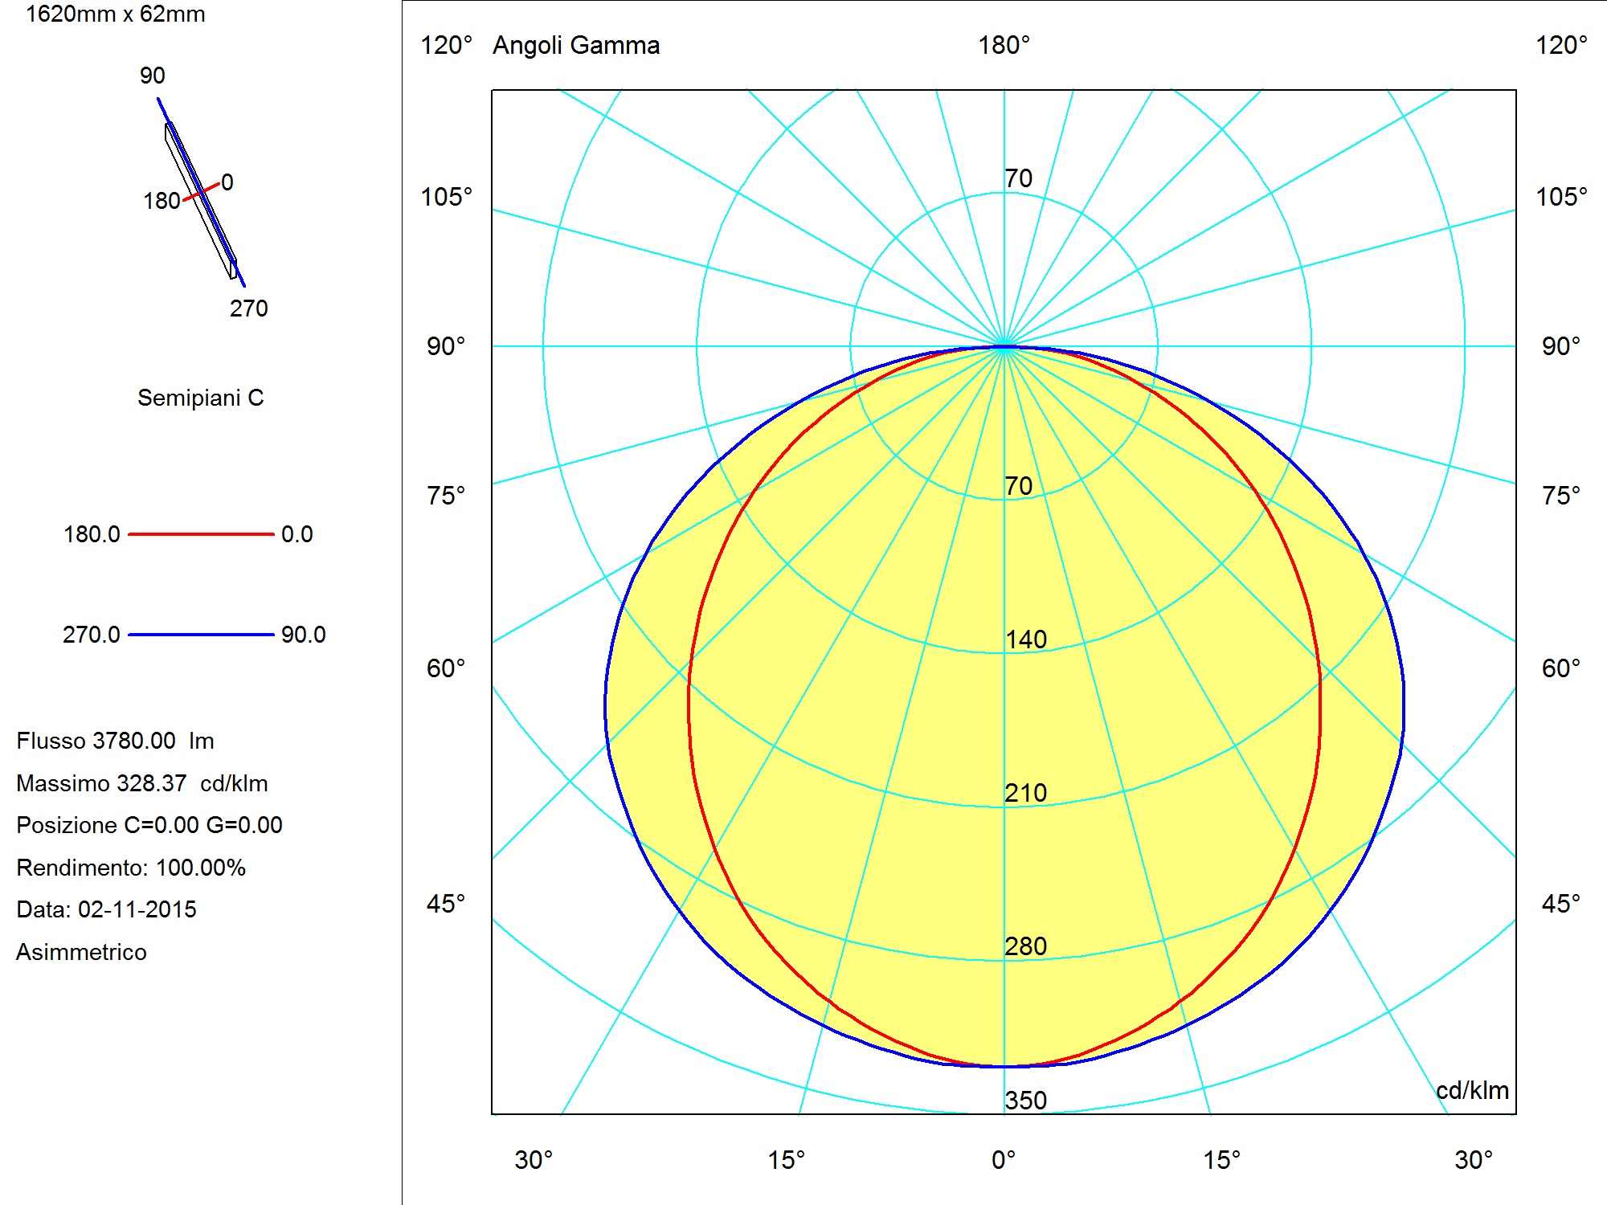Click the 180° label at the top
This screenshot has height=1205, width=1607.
point(1004,45)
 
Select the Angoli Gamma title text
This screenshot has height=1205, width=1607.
point(576,45)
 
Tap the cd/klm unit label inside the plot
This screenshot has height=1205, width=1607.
point(1472,1090)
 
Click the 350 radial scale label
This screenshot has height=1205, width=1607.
point(1026,1100)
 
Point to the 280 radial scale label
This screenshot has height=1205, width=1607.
point(1026,946)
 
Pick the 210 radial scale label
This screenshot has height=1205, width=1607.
point(1026,793)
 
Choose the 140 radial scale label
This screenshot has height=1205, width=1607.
point(1026,639)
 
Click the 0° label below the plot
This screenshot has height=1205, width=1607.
point(1004,1160)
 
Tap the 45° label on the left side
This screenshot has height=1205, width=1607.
point(446,904)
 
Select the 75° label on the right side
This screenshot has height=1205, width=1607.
point(1561,496)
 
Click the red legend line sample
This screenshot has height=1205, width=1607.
point(201,533)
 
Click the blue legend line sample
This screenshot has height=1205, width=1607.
point(201,635)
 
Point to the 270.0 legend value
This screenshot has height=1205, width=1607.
point(92,635)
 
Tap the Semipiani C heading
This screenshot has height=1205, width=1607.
point(201,398)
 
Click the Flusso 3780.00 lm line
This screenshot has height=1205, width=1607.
point(115,741)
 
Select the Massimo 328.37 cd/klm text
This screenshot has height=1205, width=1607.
point(142,783)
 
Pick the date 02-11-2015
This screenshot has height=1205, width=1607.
point(137,909)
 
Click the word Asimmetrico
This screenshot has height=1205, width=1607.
point(81,952)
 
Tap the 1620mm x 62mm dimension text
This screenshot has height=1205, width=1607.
point(116,14)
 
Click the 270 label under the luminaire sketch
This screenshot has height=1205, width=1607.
point(249,308)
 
